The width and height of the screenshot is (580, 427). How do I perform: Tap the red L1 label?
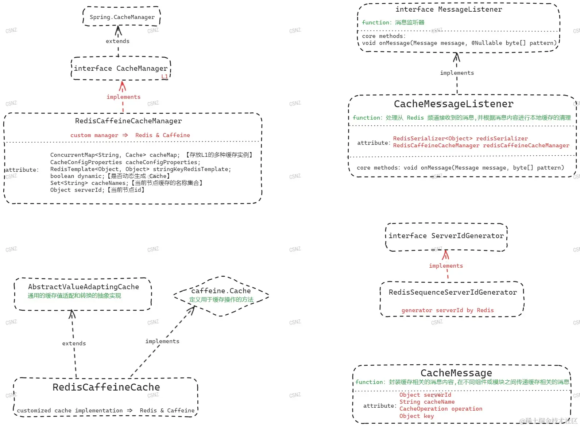[x=165, y=76]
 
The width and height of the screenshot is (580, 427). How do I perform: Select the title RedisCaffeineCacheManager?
[x=128, y=121]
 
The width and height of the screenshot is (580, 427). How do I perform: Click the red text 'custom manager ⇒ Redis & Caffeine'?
[x=130, y=135]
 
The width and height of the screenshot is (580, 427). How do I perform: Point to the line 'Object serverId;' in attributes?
[x=97, y=190]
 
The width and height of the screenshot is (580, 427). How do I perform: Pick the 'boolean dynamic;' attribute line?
[x=110, y=176]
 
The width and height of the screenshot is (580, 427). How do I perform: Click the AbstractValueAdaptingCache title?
[x=84, y=287]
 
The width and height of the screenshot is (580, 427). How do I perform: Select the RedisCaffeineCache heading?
[x=106, y=387]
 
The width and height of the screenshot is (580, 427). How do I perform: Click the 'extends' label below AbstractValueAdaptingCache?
[x=74, y=343]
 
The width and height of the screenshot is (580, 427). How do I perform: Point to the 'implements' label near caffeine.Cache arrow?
[x=162, y=341]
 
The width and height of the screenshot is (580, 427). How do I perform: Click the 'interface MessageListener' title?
[x=449, y=9]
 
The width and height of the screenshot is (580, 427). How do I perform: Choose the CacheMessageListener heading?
[x=454, y=104]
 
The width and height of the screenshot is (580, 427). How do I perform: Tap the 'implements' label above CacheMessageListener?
[x=457, y=73]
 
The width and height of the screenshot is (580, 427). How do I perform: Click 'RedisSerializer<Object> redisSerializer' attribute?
[x=460, y=139]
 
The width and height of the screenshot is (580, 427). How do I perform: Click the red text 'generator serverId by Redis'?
[x=448, y=310]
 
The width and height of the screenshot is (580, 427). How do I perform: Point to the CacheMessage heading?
[x=456, y=373]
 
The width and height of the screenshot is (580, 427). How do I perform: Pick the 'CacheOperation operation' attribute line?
[x=441, y=409]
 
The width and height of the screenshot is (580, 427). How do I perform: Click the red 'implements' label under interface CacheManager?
[x=124, y=97]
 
